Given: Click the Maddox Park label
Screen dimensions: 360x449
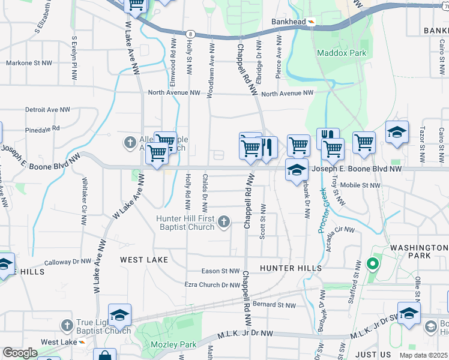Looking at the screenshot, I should (x=342, y=53).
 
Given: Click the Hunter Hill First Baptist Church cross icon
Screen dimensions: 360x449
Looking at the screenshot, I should (x=223, y=223).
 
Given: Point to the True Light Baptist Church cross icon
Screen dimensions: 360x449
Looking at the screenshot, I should (x=66, y=326).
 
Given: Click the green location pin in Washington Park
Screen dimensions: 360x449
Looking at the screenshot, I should (x=372, y=263).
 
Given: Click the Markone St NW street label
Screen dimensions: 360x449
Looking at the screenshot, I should (x=29, y=62).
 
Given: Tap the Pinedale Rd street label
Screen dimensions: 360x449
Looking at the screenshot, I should (x=43, y=128).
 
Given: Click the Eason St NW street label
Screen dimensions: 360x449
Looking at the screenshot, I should (x=220, y=271).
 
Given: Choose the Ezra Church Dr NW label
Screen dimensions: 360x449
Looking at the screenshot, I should (x=212, y=285).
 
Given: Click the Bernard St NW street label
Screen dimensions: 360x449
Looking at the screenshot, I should (x=274, y=305).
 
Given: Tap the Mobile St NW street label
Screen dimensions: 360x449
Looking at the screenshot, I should (x=361, y=185).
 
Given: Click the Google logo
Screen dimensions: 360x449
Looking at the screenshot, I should (x=20, y=353).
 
